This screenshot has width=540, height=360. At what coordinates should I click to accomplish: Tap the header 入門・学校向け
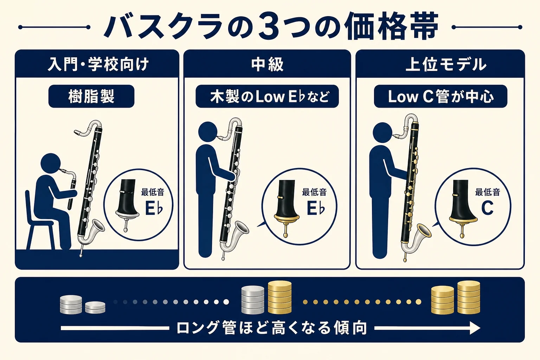pos(98,64)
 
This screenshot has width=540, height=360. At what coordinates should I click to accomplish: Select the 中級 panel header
pos(267,64)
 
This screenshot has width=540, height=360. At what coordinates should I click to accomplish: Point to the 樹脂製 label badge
pos(91,96)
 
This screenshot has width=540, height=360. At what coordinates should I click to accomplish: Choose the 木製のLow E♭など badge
pos(267,96)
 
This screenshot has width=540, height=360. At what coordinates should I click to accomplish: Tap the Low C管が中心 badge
pos(441,96)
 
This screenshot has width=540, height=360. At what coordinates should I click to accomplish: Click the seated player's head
pos(51,163)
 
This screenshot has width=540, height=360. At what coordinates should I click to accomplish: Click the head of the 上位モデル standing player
pos(383,133)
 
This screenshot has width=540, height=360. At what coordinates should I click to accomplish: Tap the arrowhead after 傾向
pos(475,328)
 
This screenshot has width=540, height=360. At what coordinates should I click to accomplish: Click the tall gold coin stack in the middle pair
pos(279,297)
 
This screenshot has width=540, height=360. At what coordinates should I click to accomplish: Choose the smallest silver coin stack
pos(95,307)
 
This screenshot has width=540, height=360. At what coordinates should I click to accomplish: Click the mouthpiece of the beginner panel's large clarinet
pos(79,131)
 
